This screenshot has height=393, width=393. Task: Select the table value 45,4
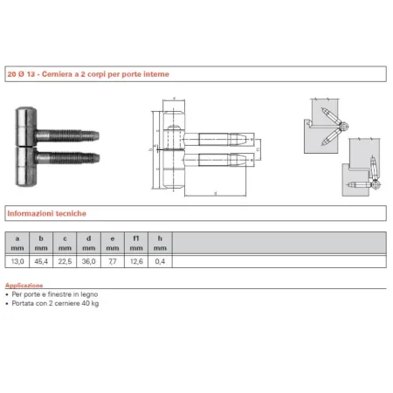coord(40,259)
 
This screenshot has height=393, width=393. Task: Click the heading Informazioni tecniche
coord(46,212)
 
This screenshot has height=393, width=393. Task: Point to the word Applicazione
coord(24,285)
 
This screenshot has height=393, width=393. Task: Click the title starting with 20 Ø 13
coord(87,75)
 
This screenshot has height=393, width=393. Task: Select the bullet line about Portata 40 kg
coord(52,304)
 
